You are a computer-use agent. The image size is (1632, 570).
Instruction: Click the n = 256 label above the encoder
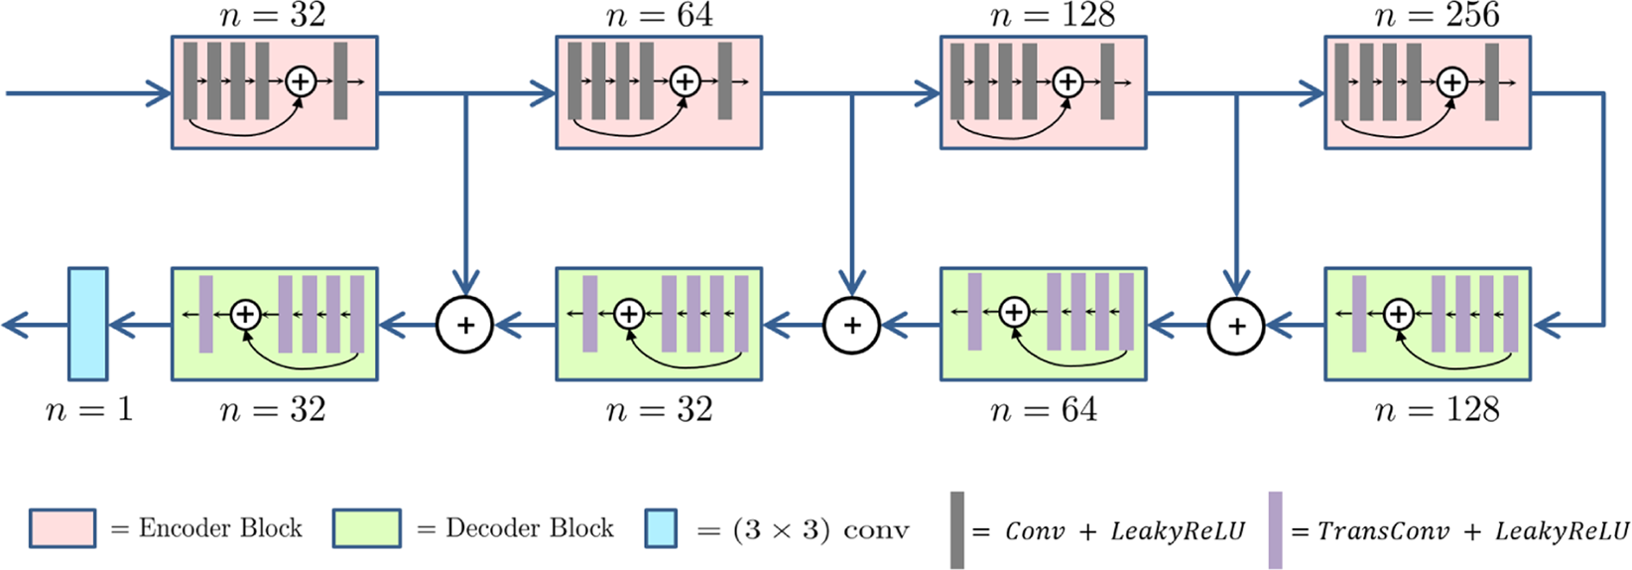click(x=1437, y=15)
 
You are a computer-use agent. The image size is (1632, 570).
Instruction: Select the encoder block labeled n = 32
click(x=274, y=92)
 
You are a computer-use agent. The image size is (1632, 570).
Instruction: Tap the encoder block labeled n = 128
click(x=1043, y=92)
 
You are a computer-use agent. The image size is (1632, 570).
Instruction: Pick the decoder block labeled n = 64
click(x=1043, y=324)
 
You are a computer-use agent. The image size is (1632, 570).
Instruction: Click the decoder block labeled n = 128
click(x=1427, y=324)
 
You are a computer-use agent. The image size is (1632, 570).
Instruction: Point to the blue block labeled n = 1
click(x=87, y=324)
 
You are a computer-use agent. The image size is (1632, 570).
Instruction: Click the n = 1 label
click(x=88, y=410)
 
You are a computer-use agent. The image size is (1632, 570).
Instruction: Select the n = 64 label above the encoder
click(x=659, y=15)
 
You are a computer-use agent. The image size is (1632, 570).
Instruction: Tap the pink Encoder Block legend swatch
click(x=63, y=528)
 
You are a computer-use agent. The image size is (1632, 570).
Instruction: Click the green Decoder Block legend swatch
click(x=367, y=528)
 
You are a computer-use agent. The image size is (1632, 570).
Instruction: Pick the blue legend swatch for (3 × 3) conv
click(x=661, y=528)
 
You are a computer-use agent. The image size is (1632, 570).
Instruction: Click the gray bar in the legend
click(x=956, y=530)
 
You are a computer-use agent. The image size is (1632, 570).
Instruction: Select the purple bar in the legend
click(x=1275, y=530)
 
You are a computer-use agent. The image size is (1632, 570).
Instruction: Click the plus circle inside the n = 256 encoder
click(x=1452, y=81)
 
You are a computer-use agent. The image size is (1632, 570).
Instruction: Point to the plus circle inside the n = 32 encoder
click(x=300, y=81)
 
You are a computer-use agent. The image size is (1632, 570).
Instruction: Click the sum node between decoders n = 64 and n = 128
click(x=1235, y=325)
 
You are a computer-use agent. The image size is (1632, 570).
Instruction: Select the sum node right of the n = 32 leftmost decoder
click(x=464, y=325)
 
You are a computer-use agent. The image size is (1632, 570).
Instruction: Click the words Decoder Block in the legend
click(x=529, y=528)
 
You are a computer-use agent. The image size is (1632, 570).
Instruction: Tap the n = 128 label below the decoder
click(x=1437, y=410)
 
